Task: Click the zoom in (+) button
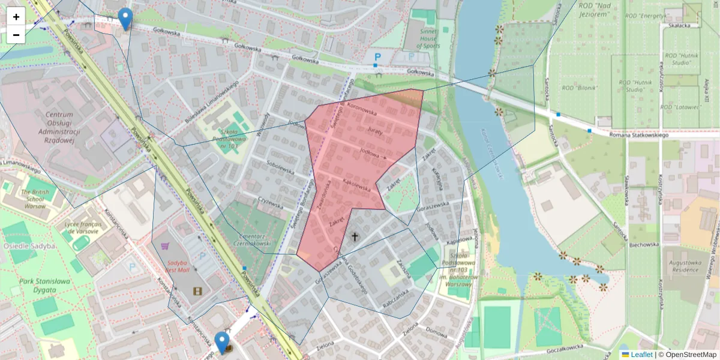(x=16, y=17)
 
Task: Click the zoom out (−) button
(x=16, y=35)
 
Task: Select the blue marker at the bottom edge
(x=222, y=343)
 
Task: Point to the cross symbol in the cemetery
(x=354, y=237)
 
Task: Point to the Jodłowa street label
(x=370, y=151)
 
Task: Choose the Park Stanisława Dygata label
(x=44, y=285)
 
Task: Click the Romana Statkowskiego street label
(x=638, y=135)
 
